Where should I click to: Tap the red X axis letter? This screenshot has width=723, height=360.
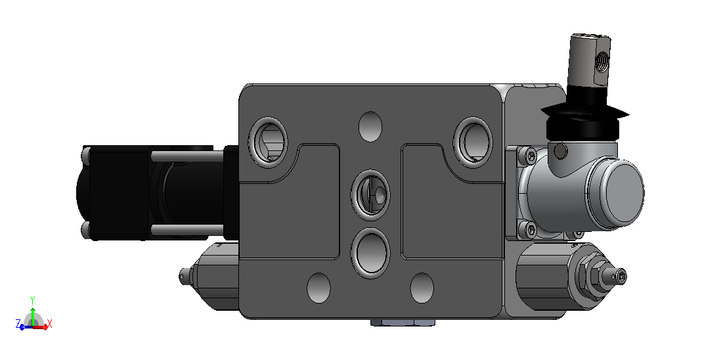tap(50, 324)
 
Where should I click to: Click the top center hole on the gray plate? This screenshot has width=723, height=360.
tap(370, 127)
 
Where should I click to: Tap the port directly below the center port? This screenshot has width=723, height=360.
tap(370, 253)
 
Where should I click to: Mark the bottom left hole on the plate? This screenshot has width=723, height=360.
tap(318, 288)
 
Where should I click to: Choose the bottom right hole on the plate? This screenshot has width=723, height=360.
tap(422, 288)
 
